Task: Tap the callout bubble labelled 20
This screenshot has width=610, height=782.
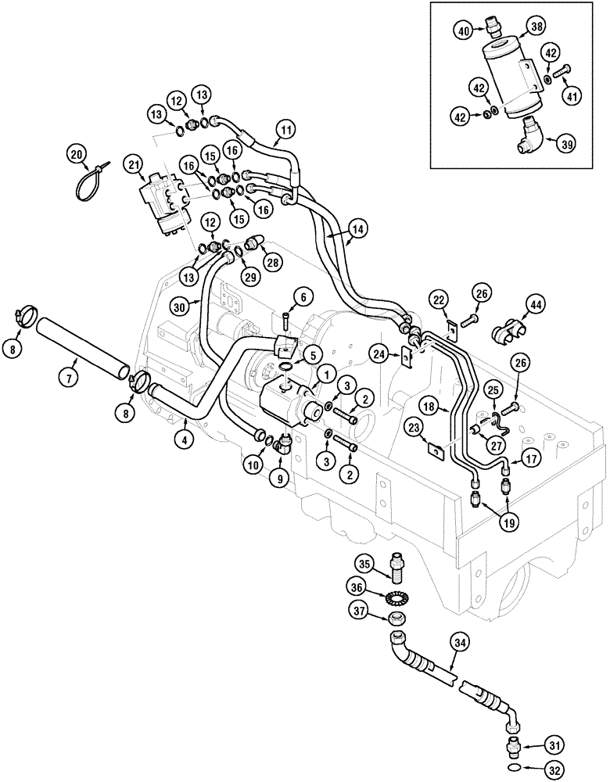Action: [76, 154]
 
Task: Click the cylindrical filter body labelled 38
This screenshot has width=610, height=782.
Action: [514, 81]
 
